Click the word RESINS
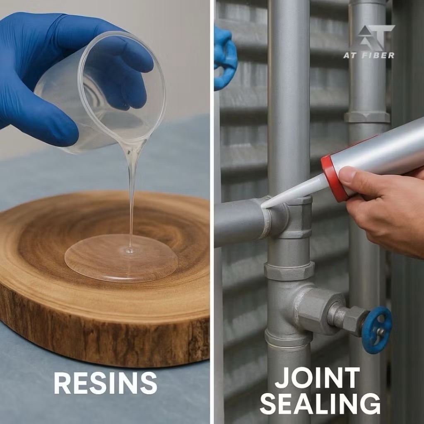click(x=106, y=383)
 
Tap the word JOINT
click(x=317, y=378)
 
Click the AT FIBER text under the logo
click(x=369, y=55)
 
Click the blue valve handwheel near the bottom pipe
click(x=377, y=330)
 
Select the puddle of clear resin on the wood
click(x=121, y=258)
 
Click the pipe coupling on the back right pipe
click(x=367, y=117)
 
